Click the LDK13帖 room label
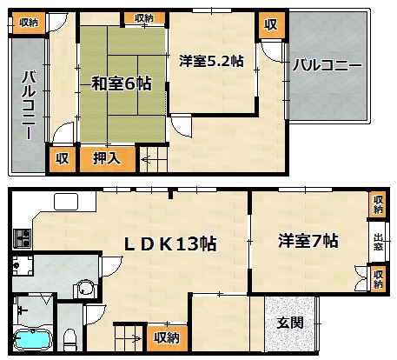click(170, 243)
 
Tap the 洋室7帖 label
click(308, 241)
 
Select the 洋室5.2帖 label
click(211, 61)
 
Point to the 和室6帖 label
click(122, 83)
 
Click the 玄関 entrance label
click(290, 323)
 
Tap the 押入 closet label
click(107, 158)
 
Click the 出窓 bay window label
click(378, 243)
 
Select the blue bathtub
click(33, 340)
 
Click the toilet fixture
click(69, 340)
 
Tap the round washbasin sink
click(85, 288)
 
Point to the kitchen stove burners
click(23, 238)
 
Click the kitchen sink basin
click(66, 202)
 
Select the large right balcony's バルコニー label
click(328, 65)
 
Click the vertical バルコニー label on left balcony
click(29, 105)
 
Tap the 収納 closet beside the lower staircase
click(167, 337)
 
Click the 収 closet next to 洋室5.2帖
click(271, 25)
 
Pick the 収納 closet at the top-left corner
click(29, 22)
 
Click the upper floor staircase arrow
click(145, 159)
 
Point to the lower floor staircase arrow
click(136, 338)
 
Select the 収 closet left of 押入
click(63, 158)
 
